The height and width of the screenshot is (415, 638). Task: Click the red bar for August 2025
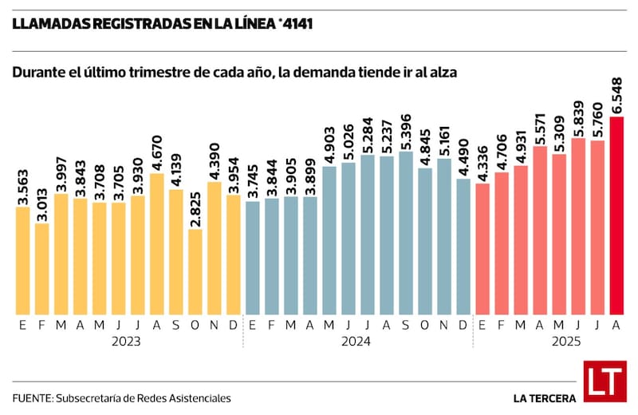click(x=616, y=215)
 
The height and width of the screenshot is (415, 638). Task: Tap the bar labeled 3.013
click(x=41, y=268)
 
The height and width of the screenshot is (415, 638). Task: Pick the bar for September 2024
click(x=406, y=232)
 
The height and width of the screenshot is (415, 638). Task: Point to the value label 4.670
click(x=157, y=156)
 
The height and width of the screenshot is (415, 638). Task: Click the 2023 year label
click(x=128, y=341)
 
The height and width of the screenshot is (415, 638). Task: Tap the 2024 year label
click(x=357, y=341)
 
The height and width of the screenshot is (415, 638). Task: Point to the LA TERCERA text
click(x=545, y=397)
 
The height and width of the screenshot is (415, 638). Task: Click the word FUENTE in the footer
click(x=31, y=397)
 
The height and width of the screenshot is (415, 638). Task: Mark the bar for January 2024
click(x=253, y=257)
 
